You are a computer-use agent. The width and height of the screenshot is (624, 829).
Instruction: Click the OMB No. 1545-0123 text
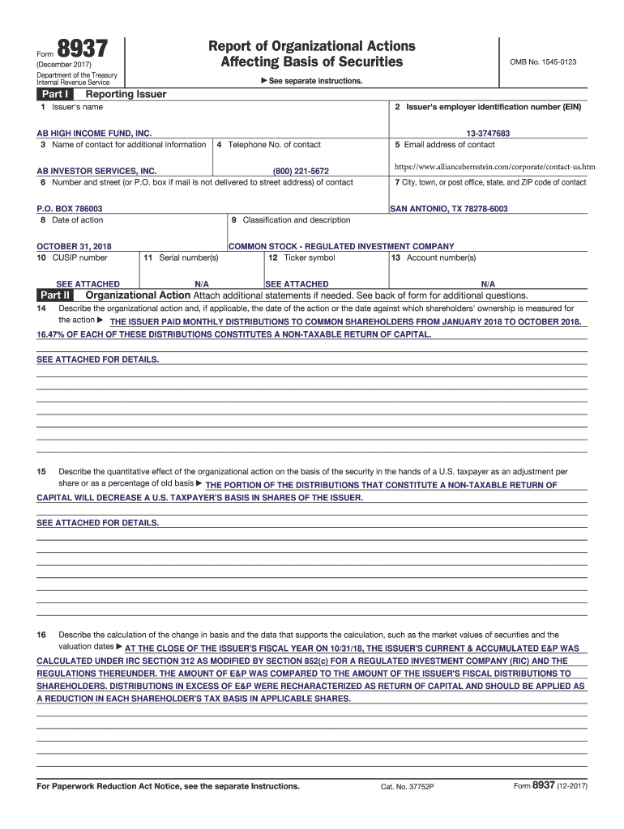(543, 62)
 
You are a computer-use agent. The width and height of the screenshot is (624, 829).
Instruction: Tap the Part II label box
(55, 295)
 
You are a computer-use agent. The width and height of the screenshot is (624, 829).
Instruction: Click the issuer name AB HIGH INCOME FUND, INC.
(95, 133)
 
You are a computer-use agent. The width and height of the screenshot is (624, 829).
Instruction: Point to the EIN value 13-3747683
(488, 133)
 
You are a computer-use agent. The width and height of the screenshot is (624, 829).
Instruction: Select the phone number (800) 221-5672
(301, 171)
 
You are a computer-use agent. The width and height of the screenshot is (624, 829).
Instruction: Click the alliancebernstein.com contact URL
(494, 167)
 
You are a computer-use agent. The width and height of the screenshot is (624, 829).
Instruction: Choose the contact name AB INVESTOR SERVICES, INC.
(97, 171)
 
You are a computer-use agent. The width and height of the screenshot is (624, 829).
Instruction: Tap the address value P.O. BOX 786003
(70, 209)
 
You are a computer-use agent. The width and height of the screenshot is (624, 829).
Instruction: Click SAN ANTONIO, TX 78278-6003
(449, 209)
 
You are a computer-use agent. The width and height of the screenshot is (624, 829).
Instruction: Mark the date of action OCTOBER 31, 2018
(75, 246)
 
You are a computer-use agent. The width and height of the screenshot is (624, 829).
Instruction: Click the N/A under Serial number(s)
(203, 284)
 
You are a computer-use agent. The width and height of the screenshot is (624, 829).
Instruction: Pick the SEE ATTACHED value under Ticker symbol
(297, 284)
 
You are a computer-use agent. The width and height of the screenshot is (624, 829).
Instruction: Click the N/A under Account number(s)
(488, 284)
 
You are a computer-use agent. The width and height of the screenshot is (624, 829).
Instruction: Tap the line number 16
(41, 635)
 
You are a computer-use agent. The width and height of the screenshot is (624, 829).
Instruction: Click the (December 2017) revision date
(64, 65)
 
